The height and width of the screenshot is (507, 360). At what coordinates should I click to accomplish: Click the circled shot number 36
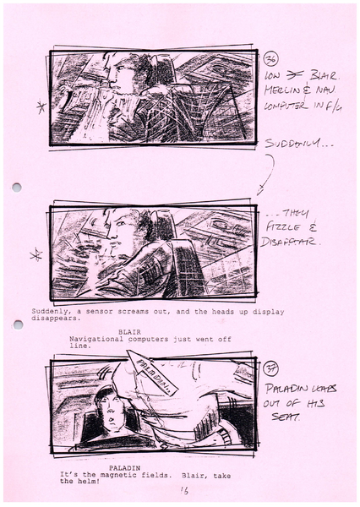click(272, 58)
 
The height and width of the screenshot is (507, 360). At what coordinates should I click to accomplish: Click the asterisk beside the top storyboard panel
click(39, 107)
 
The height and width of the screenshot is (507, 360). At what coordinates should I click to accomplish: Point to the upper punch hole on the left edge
click(16, 188)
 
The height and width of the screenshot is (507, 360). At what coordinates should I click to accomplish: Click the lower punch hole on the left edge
click(16, 324)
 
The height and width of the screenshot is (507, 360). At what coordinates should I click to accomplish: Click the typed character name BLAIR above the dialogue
click(129, 331)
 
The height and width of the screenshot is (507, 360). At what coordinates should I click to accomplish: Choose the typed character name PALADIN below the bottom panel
click(123, 467)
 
